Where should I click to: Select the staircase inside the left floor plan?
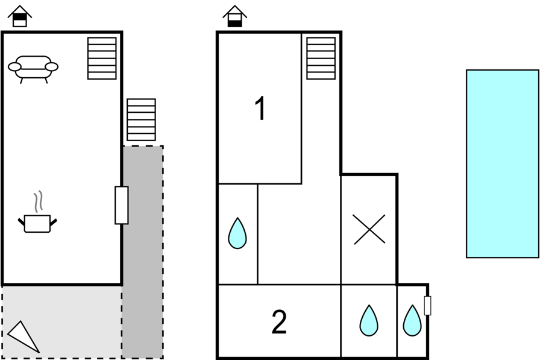pos(102,58)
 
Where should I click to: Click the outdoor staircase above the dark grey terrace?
pos(141,119)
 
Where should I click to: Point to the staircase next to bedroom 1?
pos(321,58)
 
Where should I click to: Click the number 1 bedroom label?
pos(261,108)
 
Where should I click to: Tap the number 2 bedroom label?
pos(279,322)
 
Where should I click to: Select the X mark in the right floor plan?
pos(369,229)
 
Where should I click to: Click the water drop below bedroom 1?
pos(237,233)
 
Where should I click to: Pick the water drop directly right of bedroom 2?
pos(369,321)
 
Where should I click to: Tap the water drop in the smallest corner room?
pos(412,321)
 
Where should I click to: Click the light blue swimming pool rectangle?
pos(503,163)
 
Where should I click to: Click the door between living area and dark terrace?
pos(122,205)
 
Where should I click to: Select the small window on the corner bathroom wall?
pos(427,306)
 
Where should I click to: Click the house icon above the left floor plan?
pos(20,16)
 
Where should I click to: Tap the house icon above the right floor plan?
pos(234,16)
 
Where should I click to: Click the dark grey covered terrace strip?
pos(143,252)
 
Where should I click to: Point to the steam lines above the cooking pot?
pos(39,201)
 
